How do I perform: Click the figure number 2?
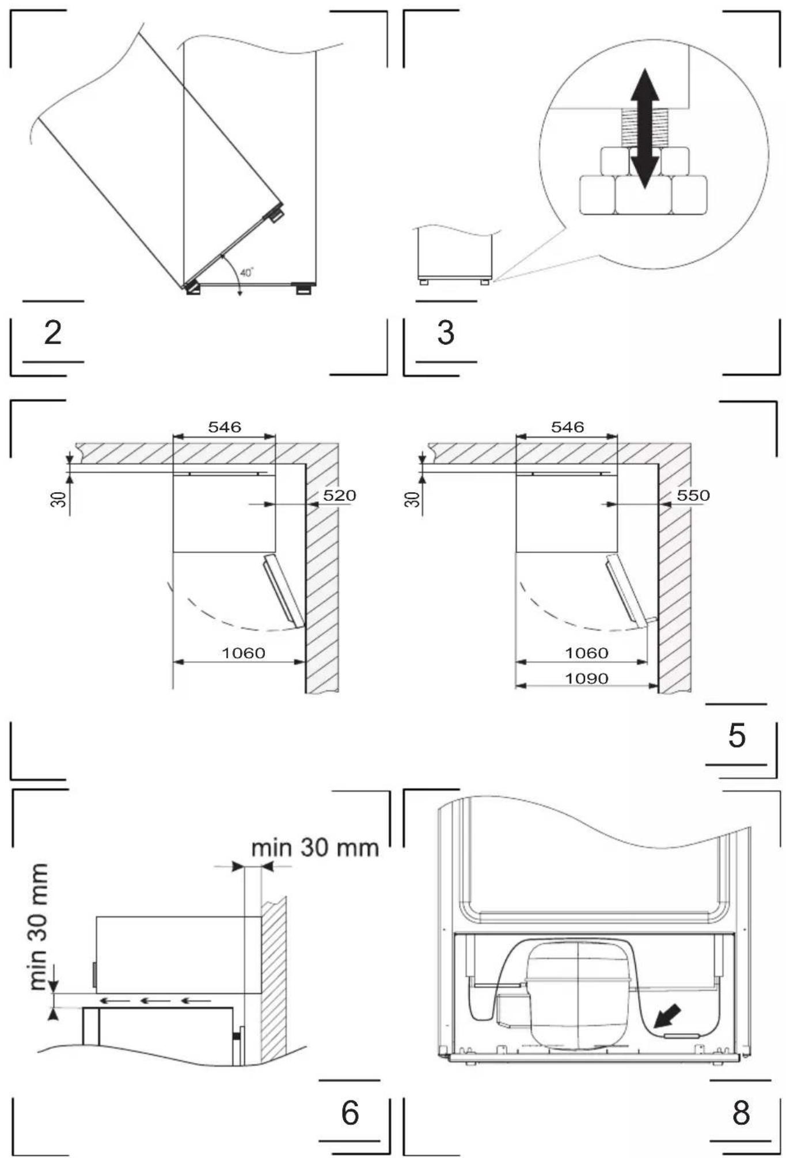[x=53, y=333]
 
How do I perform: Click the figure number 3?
[x=446, y=333]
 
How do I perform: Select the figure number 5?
[x=737, y=735]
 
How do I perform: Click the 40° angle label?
[x=246, y=273]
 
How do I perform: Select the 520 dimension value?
[x=339, y=496]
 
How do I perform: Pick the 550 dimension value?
[x=693, y=496]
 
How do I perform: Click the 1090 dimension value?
[x=586, y=679]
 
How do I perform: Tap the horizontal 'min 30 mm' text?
[x=315, y=847]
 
